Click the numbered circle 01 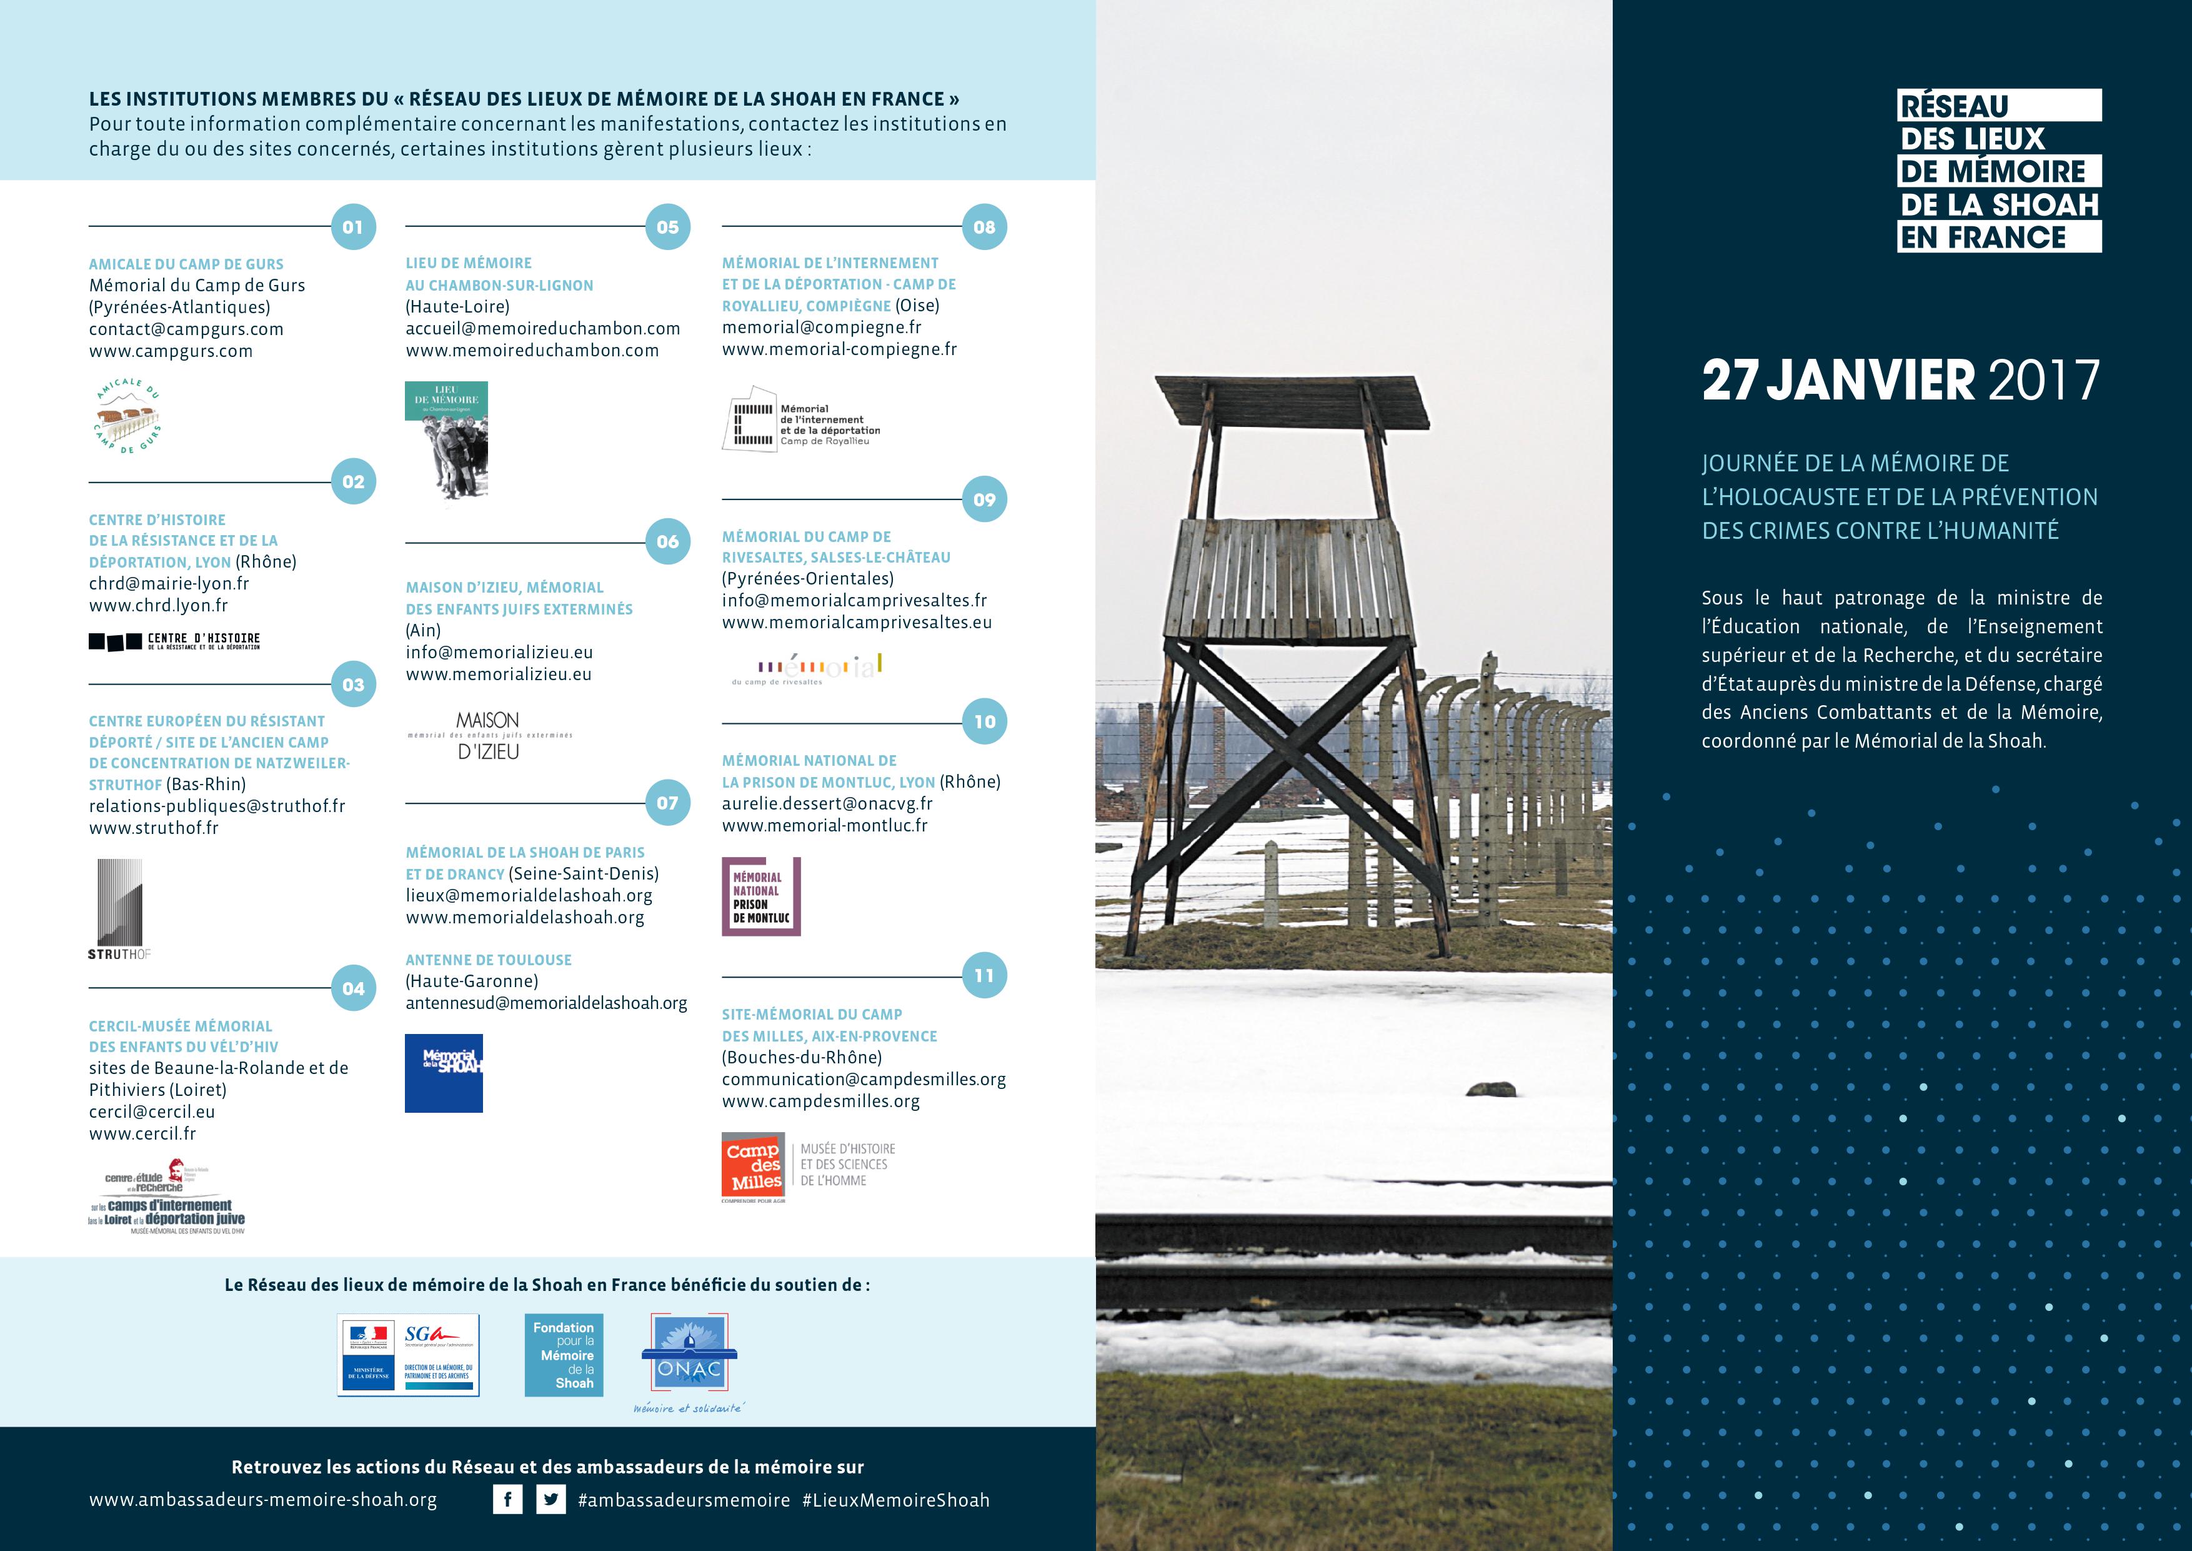[x=353, y=228]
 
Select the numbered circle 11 [x=984, y=976]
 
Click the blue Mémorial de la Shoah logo [x=444, y=1073]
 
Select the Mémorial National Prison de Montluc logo [x=761, y=896]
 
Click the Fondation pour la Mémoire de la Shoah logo [x=563, y=1355]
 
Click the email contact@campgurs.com [x=186, y=329]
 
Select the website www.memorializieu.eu [x=499, y=675]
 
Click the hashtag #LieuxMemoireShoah [x=895, y=1500]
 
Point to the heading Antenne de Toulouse [x=489, y=960]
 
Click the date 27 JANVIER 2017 [x=1901, y=380]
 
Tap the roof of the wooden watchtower [x=1292, y=401]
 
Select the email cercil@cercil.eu [x=152, y=1112]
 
